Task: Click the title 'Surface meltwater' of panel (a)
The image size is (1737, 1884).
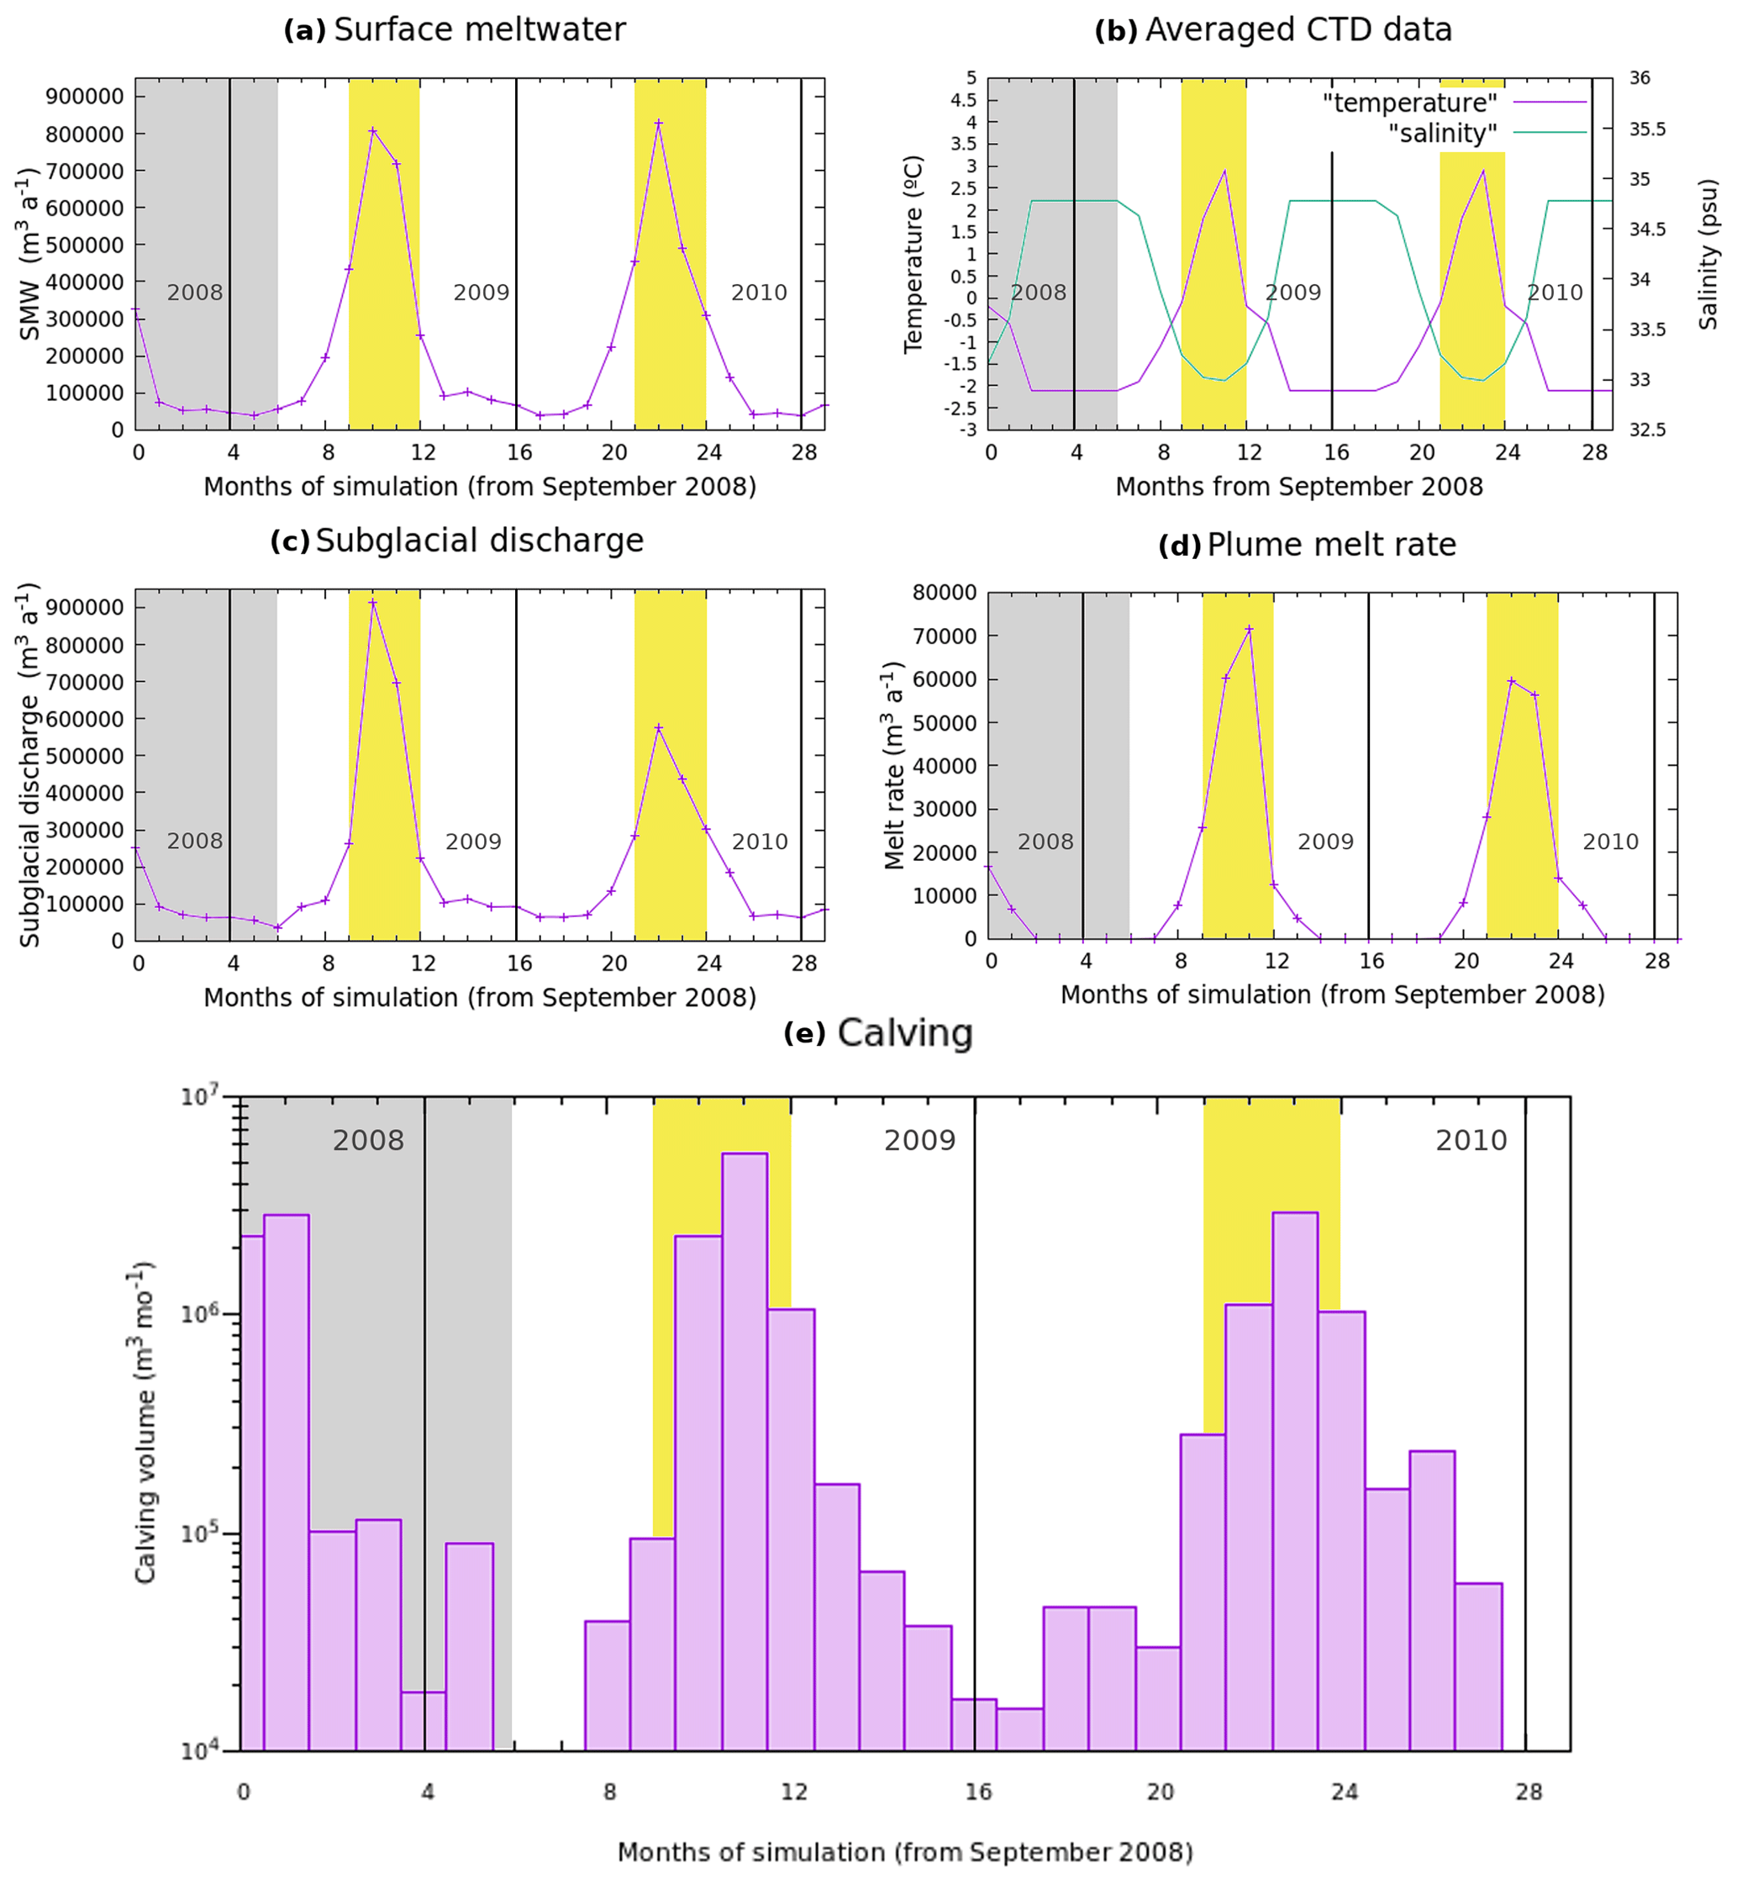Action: click(479, 30)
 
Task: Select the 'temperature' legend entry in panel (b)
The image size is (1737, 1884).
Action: click(1409, 103)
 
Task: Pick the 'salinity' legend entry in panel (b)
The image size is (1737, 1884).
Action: click(1442, 134)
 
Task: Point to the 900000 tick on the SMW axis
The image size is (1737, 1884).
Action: click(85, 97)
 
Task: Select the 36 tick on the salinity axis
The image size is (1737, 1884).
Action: click(1640, 78)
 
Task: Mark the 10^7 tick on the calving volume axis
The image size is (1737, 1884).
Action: click(200, 1096)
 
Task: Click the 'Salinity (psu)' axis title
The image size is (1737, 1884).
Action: click(1708, 255)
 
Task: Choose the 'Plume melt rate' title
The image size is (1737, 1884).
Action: click(1331, 546)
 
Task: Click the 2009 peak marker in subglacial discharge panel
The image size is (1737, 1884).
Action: click(373, 603)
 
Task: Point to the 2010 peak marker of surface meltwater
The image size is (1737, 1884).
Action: click(659, 123)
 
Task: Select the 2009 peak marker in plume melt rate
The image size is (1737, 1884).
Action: click(1249, 629)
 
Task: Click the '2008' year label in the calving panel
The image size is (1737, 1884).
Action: click(367, 1140)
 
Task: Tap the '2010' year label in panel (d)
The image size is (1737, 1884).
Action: click(1610, 842)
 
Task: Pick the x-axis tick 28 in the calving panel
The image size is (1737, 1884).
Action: click(1529, 1792)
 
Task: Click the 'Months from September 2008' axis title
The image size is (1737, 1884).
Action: click(1298, 487)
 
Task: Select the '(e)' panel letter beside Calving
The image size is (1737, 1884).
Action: click(803, 1033)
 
